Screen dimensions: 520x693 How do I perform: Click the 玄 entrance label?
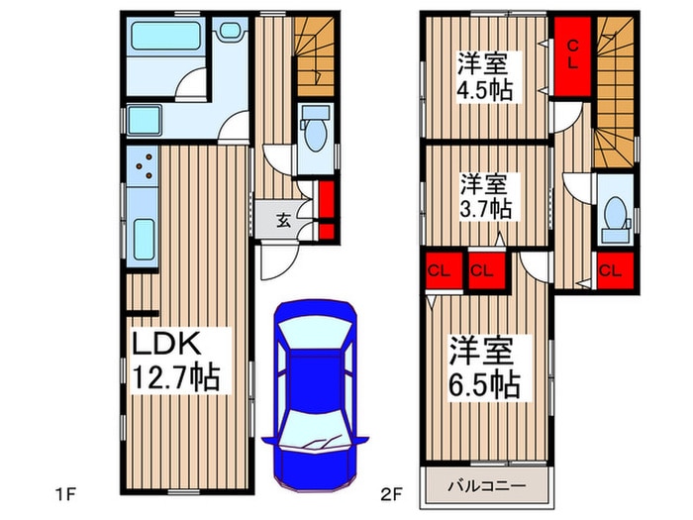coord(282,220)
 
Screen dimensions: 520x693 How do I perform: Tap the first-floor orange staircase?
coord(316,55)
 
